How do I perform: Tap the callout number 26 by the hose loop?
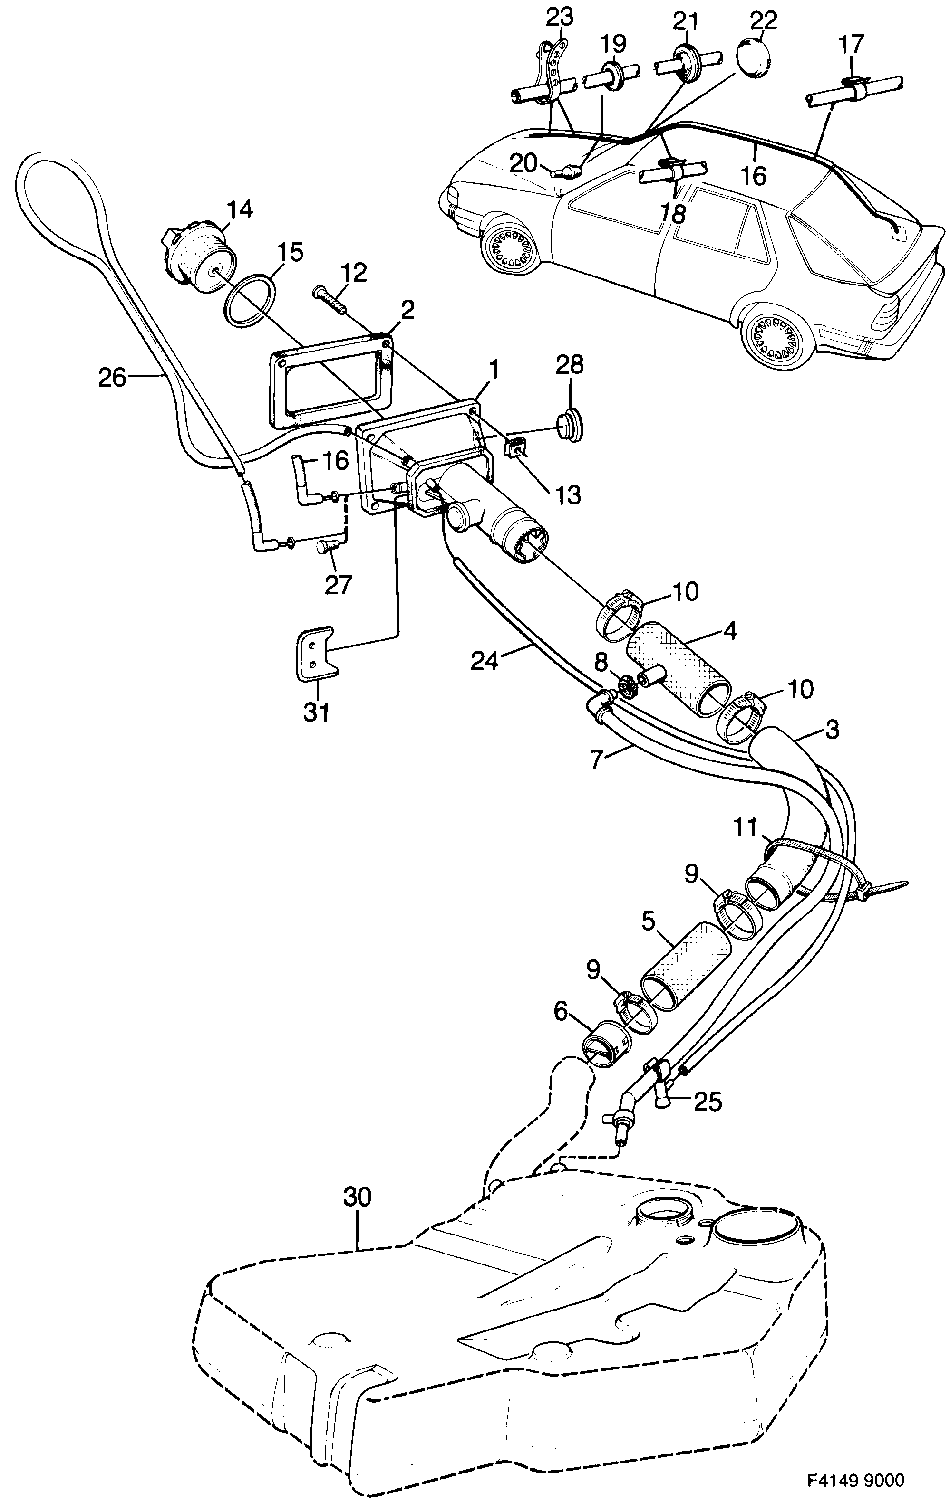tap(112, 378)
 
